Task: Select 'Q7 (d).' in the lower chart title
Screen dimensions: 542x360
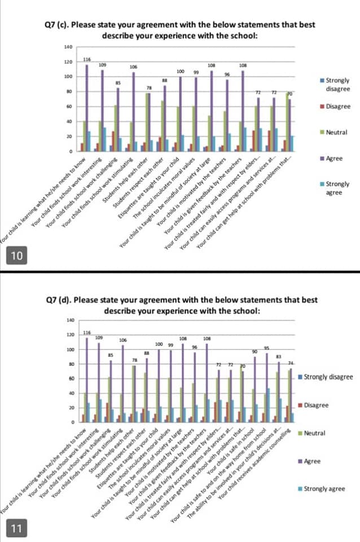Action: (62, 300)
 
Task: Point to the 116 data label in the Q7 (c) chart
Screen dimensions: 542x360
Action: (87, 59)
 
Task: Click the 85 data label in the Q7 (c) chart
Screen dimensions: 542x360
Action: (118, 82)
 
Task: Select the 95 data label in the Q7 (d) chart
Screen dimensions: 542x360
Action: (266, 348)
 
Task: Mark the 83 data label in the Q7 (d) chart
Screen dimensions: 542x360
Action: (278, 356)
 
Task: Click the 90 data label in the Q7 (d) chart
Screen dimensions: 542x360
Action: (254, 351)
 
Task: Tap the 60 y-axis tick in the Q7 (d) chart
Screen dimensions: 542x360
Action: (71, 378)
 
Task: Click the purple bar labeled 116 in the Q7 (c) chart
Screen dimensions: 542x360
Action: (87, 107)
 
